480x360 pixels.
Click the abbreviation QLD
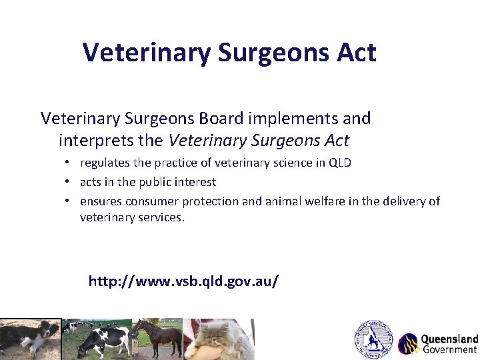tap(340, 163)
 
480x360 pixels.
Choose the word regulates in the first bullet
tap(105, 163)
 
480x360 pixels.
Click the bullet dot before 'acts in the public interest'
tap(69, 182)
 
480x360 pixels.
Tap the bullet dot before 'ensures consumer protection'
tap(69, 201)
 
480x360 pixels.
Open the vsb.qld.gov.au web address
tap(183, 281)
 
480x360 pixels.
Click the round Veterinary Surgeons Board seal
tap(373, 339)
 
